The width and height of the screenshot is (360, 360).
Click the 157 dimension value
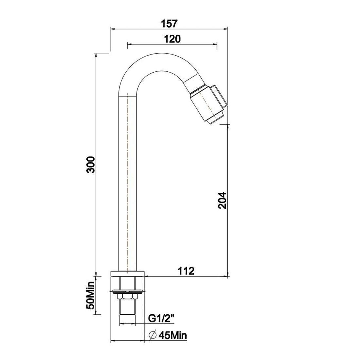click(170, 23)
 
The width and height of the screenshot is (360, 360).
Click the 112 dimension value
click(186, 271)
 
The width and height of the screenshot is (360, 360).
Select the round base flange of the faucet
click(128, 274)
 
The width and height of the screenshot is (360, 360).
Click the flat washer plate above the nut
click(128, 290)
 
